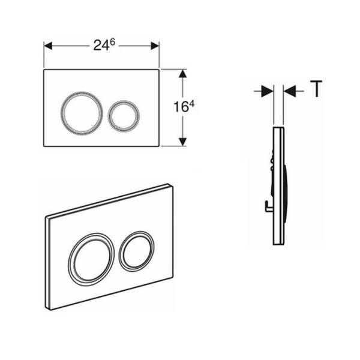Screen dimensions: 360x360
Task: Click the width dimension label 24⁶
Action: click(104, 45)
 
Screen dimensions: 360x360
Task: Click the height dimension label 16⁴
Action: click(184, 107)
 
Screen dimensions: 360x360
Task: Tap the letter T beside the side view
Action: click(316, 89)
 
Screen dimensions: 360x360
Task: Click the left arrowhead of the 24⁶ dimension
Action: click(48, 46)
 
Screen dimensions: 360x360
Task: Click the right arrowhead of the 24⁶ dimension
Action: click(155, 46)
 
